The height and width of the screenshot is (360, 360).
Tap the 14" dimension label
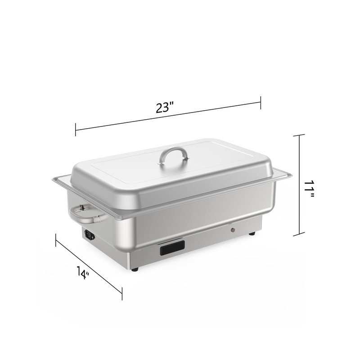pos(83,273)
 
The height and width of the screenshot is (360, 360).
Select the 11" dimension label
pos(310,189)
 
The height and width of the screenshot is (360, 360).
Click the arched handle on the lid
pos(173,154)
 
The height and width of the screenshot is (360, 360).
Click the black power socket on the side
pos(90,235)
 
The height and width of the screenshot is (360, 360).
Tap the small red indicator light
pos(233,229)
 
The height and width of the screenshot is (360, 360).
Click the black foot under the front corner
pos(135,269)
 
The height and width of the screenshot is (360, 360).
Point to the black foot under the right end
pos(252,234)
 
